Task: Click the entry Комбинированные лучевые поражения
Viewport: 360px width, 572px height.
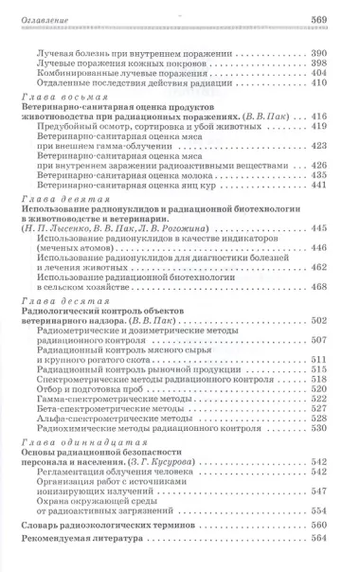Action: [115, 72]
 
